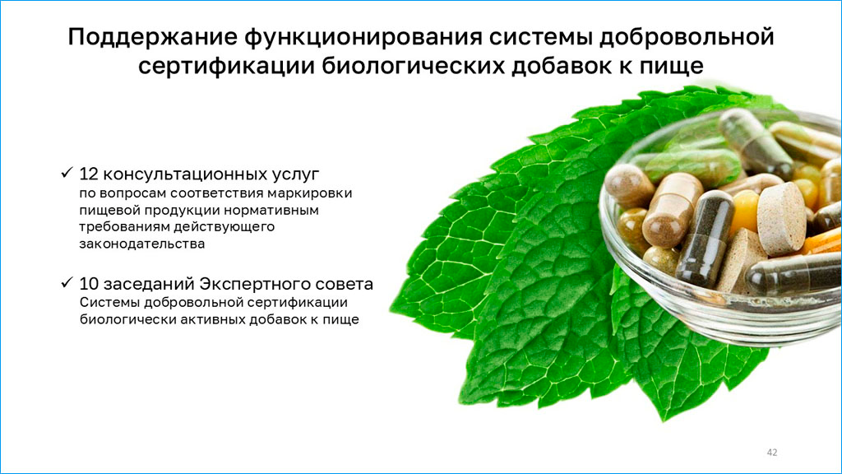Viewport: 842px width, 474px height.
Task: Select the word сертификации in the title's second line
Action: click(x=226, y=66)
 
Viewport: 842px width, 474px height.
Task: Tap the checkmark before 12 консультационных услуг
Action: click(x=67, y=173)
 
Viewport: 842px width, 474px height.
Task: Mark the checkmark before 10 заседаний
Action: click(x=67, y=282)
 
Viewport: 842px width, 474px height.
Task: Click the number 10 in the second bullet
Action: click(x=89, y=284)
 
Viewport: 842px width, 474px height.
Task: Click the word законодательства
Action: click(x=142, y=244)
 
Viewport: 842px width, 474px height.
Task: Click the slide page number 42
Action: click(x=772, y=453)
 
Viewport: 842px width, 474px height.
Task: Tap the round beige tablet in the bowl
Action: click(x=782, y=216)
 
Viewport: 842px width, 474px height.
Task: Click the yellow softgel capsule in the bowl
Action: click(x=745, y=211)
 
